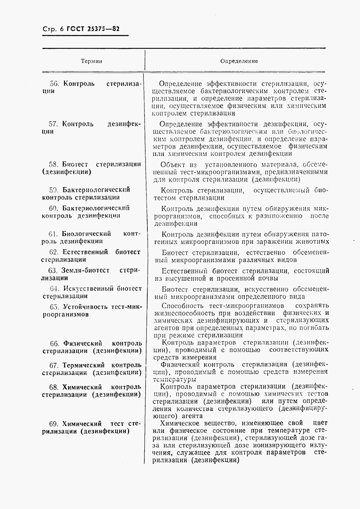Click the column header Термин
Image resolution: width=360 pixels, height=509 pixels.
[91, 61]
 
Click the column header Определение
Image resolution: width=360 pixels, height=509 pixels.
[239, 61]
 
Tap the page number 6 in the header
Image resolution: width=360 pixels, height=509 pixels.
[62, 29]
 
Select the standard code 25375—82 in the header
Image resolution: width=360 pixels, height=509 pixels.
[104, 29]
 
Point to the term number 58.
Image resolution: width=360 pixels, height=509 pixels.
[53, 164]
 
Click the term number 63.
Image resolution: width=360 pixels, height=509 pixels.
[53, 270]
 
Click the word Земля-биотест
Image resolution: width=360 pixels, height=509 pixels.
[85, 270]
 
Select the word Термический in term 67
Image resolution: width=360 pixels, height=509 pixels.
[83, 365]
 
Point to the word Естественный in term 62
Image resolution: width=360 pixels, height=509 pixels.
[85, 252]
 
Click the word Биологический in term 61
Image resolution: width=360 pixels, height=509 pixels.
[86, 234]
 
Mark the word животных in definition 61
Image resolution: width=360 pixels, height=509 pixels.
[314, 242]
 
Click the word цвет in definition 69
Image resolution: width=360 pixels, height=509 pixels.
[321, 423]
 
